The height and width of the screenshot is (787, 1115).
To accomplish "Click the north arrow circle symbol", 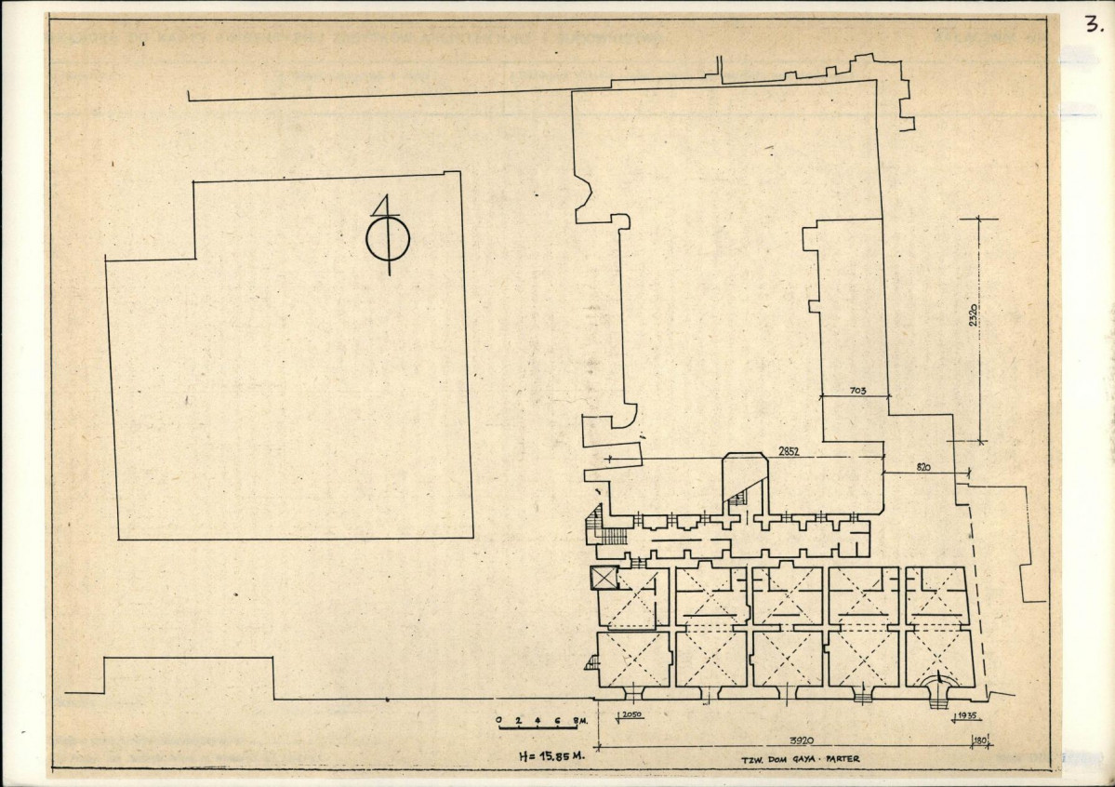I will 388,240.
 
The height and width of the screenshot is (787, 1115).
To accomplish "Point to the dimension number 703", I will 857,392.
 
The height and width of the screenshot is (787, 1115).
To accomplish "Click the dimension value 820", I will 924,466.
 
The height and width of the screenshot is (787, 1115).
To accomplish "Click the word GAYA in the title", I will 802,759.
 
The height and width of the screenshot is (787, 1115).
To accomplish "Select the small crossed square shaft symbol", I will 604,579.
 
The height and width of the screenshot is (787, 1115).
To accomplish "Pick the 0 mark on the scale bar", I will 499,720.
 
